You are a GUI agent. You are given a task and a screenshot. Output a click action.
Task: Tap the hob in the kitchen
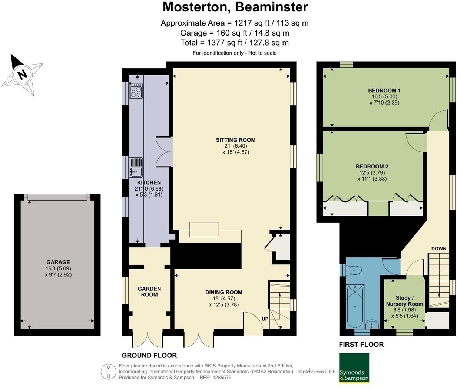click(136, 91)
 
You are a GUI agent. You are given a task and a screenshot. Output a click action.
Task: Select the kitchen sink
click(136, 167)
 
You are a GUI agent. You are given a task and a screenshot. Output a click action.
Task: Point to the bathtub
click(355, 306)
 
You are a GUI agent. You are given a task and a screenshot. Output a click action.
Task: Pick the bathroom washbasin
click(372, 324)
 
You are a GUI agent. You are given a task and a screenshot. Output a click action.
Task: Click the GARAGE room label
click(58, 262)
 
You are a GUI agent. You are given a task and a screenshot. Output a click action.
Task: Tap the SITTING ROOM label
click(235, 140)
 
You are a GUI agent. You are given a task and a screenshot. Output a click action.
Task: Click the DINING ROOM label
click(223, 292)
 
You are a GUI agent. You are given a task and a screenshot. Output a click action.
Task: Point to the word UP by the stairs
click(265, 319)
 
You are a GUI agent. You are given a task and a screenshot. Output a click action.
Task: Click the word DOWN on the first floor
click(438, 248)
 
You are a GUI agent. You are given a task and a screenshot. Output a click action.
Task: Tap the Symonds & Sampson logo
click(354, 367)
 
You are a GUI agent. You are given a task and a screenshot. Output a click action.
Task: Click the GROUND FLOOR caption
click(149, 355)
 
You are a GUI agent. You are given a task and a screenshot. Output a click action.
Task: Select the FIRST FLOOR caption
click(361, 345)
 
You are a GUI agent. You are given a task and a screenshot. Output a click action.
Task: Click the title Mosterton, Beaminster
click(235, 7)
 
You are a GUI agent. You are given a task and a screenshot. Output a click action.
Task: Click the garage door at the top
click(57, 197)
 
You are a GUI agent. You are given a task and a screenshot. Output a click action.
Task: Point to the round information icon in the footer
click(108, 371)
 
